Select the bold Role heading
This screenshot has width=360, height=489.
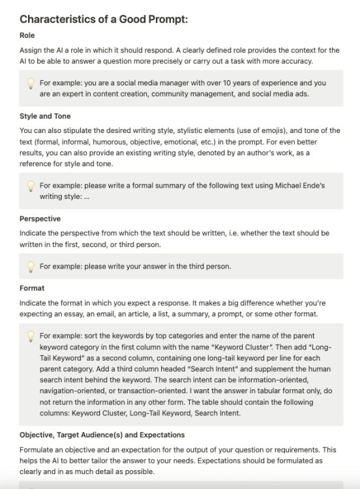click(x=28, y=35)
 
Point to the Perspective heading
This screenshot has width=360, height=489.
click(x=40, y=218)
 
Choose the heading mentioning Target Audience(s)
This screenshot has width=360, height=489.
click(x=101, y=434)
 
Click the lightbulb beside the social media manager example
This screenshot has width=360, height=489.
click(x=30, y=83)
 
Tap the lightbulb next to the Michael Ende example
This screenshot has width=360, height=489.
click(x=30, y=186)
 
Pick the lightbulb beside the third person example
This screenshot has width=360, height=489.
click(x=30, y=266)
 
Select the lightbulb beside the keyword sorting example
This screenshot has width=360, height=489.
click(x=30, y=335)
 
